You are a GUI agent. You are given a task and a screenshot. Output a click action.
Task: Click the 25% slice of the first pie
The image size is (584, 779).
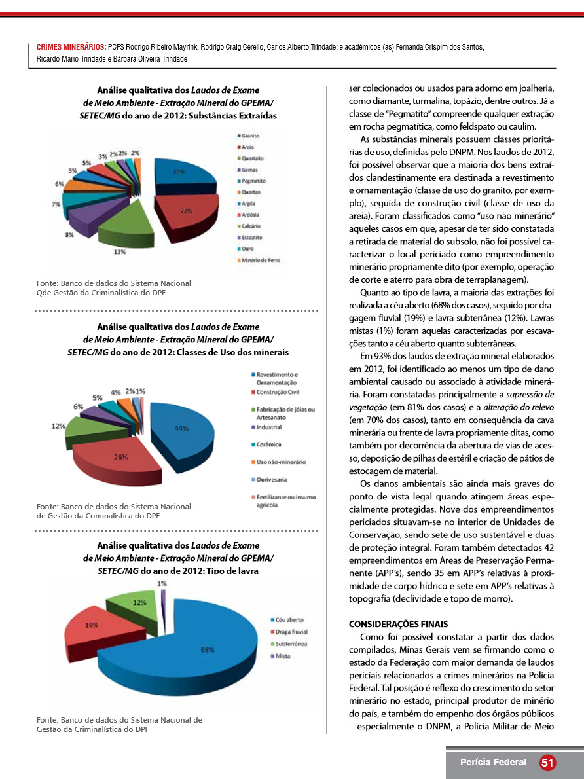coord(182,177)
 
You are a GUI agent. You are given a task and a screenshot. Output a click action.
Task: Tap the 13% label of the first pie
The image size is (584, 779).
coord(120,251)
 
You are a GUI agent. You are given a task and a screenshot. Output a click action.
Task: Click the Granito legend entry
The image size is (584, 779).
coord(249,135)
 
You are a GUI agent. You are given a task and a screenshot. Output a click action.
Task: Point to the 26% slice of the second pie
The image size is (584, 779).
coord(122,458)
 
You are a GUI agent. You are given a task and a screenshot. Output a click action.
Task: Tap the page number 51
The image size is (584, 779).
coord(548,763)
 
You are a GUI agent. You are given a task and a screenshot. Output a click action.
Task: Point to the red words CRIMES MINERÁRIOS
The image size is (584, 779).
coord(71,48)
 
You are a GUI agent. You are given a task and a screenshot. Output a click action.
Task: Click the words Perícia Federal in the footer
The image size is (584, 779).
coord(493,763)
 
